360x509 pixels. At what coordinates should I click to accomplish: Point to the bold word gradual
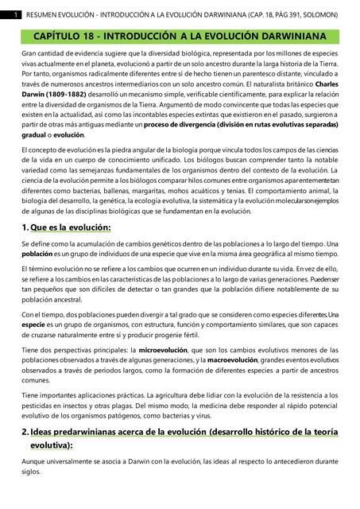(36, 135)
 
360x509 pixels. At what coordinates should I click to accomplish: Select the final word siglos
(31, 472)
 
